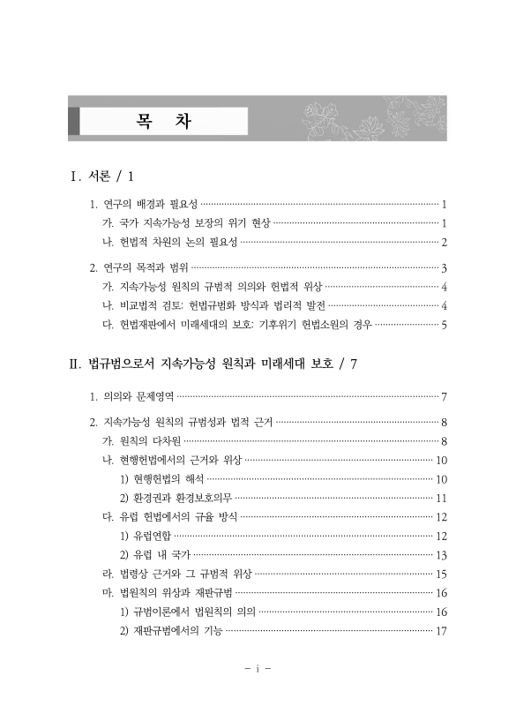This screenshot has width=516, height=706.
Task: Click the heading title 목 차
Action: point(164,121)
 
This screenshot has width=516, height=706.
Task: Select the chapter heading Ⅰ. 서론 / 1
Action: point(106,176)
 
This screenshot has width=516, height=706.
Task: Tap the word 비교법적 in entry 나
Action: point(141,305)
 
